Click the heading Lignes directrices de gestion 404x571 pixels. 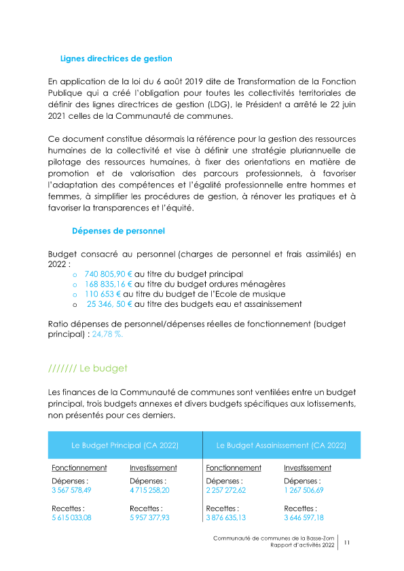pyautogui.click(x=116, y=58)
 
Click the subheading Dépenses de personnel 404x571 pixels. pyautogui.click(x=118, y=231)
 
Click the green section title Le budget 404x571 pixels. pyautogui.click(x=88, y=369)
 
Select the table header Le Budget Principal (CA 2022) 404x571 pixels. pyautogui.click(x=125, y=445)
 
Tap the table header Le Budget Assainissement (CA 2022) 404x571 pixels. pyautogui.click(x=281, y=445)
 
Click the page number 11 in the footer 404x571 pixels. pyautogui.click(x=346, y=542)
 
